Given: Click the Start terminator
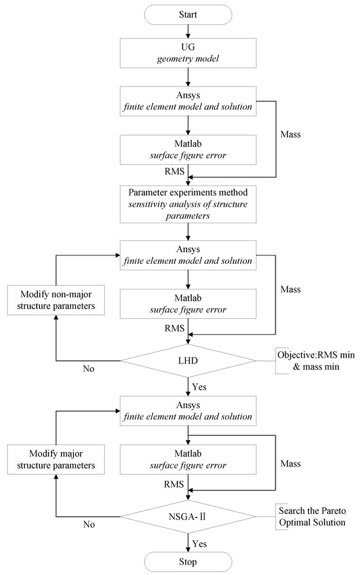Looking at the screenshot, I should coord(189,13).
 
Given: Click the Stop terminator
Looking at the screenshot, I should coord(189,561).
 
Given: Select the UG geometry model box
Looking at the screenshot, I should coord(189,52).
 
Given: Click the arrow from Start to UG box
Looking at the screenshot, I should coord(189,30).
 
